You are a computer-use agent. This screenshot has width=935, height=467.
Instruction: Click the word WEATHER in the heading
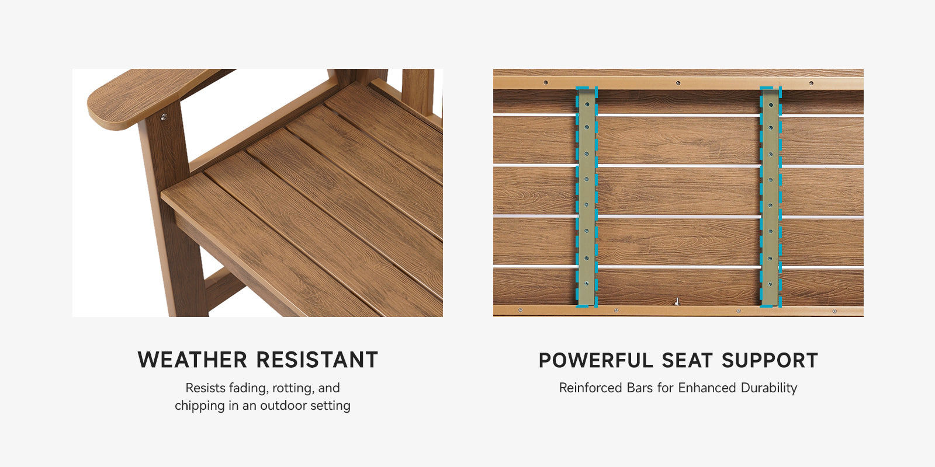click(x=192, y=360)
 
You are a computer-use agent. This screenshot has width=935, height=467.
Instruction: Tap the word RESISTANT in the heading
click(x=317, y=360)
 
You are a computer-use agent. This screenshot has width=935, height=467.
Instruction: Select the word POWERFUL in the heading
click(x=595, y=360)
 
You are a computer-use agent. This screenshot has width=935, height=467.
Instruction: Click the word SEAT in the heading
click(x=687, y=360)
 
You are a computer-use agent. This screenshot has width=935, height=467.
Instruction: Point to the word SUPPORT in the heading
click(x=770, y=360)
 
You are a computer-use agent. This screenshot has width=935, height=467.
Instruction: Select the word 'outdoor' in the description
click(x=279, y=405)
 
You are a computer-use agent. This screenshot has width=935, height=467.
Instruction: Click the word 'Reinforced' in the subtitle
click(x=591, y=388)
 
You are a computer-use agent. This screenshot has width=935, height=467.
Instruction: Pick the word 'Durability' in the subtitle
click(x=769, y=388)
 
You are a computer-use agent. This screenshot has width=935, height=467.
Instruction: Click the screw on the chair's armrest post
click(x=164, y=117)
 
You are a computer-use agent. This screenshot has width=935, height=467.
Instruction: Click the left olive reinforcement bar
click(x=587, y=197)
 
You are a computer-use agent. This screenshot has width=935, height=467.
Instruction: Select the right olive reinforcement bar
click(x=771, y=197)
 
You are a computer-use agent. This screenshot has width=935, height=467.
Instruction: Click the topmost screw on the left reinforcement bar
click(x=587, y=104)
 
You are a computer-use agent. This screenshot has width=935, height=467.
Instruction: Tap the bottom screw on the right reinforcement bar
click(x=771, y=284)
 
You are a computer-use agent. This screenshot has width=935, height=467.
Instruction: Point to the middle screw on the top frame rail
click(x=678, y=82)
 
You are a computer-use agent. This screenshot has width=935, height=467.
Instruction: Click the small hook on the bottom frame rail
click(x=677, y=301)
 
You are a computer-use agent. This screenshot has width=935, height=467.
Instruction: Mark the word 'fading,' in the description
click(x=245, y=388)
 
